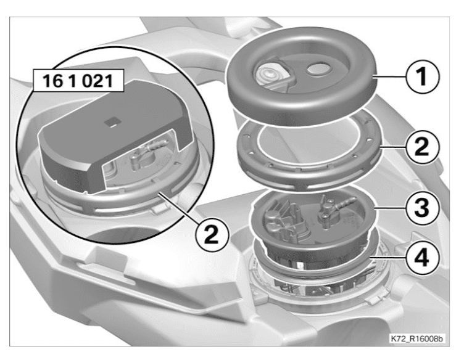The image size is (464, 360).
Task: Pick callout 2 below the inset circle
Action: click(212, 235)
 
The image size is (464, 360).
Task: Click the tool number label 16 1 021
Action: click(78, 80)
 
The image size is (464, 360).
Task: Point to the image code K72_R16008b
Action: click(417, 338)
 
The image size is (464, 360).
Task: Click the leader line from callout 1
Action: click(389, 77)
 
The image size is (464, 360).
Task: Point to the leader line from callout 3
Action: click(390, 208)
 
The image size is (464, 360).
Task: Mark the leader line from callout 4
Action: click(388, 258)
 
